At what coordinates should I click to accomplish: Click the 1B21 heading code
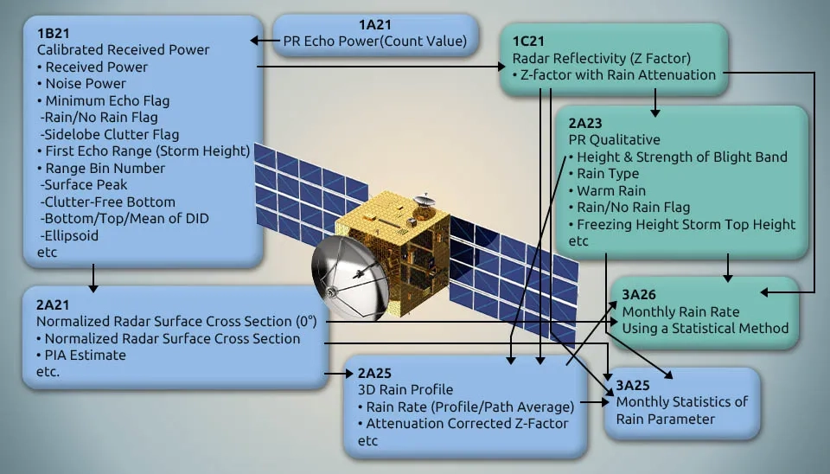53,34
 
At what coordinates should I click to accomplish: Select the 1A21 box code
374,25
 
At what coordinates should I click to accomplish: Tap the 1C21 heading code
528,42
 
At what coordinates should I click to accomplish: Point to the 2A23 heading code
585,124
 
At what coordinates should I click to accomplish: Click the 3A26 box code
639,295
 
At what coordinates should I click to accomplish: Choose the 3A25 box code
633,386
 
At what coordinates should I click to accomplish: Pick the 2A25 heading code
374,374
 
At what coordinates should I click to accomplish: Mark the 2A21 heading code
53,305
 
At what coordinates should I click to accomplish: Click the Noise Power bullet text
86,84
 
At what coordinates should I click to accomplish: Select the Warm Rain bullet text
611,190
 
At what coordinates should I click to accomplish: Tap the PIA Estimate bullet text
85,355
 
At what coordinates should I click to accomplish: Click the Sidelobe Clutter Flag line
110,135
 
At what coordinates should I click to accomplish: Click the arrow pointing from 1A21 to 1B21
265,41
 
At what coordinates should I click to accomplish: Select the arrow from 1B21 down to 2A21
93,278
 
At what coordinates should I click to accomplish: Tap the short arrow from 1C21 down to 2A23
655,103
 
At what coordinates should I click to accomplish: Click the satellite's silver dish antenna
350,278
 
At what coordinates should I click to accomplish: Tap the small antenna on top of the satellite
424,202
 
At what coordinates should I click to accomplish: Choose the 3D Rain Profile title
405,390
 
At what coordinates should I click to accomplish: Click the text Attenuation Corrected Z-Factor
467,424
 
